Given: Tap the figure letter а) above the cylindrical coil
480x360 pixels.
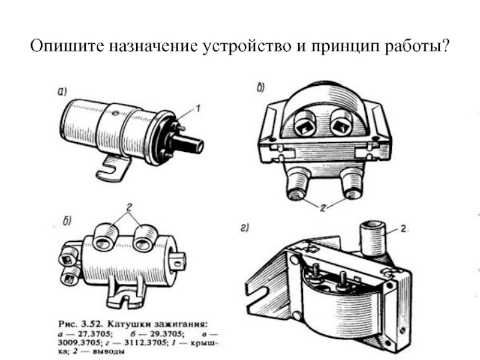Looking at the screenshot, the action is (62, 91).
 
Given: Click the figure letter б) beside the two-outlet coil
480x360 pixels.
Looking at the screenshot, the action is (67, 221).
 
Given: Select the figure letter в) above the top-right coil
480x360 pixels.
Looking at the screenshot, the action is (260, 88).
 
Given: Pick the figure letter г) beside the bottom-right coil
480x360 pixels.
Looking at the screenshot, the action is (244, 229).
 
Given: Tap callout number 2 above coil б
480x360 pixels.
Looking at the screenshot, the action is (129, 208).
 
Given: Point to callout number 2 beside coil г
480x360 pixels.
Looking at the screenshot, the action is (403, 229).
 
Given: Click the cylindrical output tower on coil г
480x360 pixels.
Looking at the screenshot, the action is (372, 239).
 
